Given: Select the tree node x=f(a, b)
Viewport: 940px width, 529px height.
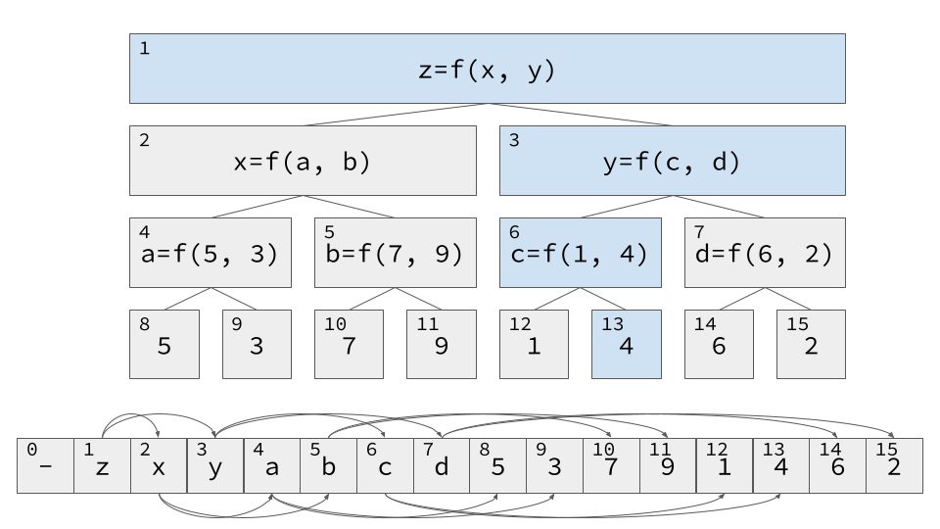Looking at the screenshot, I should pyautogui.click(x=303, y=161).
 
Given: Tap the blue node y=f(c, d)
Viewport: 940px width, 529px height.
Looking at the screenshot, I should pyautogui.click(x=672, y=161).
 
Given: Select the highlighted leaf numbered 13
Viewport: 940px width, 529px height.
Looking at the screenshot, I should pyautogui.click(x=626, y=344).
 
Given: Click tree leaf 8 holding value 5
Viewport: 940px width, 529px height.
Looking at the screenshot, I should pyautogui.click(x=164, y=344).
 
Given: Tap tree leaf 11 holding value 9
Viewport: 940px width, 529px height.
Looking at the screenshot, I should pyautogui.click(x=441, y=344).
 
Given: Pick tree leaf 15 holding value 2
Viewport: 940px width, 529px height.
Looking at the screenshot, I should pyautogui.click(x=811, y=344).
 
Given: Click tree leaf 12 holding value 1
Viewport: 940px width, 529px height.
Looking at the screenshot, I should pyautogui.click(x=534, y=344).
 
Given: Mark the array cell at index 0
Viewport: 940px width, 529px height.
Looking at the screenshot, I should pyautogui.click(x=46, y=465).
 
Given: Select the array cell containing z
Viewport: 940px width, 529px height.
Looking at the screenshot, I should pyautogui.click(x=102, y=465).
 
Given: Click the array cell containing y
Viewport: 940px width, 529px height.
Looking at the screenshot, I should pyautogui.click(x=215, y=465).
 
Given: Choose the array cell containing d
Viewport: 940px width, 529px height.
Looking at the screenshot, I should pyautogui.click(x=442, y=465).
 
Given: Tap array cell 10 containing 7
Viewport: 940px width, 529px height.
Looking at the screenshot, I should pyautogui.click(x=611, y=465).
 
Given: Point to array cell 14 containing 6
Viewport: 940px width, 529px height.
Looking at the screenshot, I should pyautogui.click(x=837, y=465).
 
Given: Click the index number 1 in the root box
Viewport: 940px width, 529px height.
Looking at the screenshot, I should pyautogui.click(x=145, y=48).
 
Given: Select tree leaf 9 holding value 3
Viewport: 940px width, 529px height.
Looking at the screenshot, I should pyautogui.click(x=257, y=344).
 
